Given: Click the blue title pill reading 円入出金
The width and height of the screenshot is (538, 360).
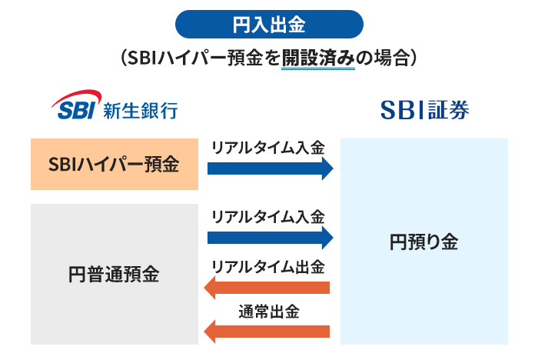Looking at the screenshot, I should click(x=269, y=25).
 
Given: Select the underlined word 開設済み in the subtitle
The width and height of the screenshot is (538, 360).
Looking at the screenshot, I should click(x=318, y=58).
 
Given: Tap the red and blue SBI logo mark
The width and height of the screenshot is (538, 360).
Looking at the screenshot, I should click(x=74, y=107).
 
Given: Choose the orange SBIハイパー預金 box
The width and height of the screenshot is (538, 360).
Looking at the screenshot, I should click(x=114, y=165).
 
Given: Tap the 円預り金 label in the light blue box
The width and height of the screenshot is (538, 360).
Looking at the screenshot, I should click(x=423, y=242).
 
